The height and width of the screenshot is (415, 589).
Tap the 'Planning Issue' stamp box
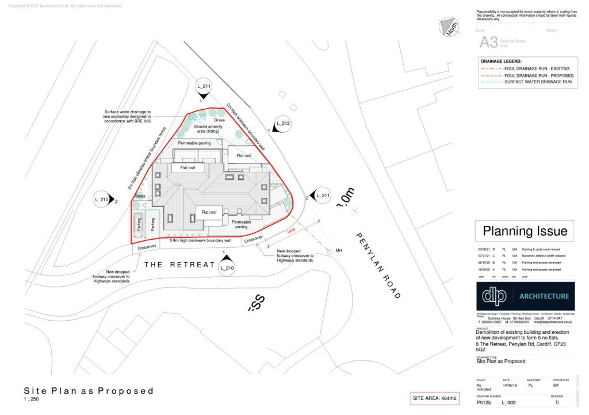[x=525, y=231]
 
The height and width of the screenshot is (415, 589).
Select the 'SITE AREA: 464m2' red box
[x=434, y=398]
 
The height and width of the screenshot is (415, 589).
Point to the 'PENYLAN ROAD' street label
[x=377, y=265]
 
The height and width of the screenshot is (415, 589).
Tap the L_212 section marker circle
[x=281, y=123]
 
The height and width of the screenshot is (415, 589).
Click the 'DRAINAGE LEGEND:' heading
[x=501, y=61]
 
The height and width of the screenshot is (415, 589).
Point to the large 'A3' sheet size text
[x=488, y=42]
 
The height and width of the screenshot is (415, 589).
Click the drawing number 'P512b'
[x=484, y=403]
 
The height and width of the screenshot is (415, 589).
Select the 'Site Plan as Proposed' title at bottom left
[x=89, y=391]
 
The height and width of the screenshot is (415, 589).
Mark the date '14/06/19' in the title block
[x=510, y=386]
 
